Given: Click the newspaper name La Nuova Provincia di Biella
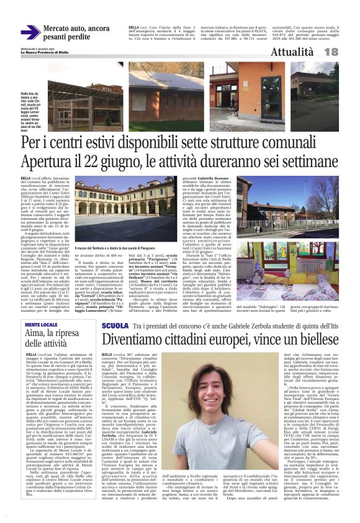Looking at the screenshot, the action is pos(46,53).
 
